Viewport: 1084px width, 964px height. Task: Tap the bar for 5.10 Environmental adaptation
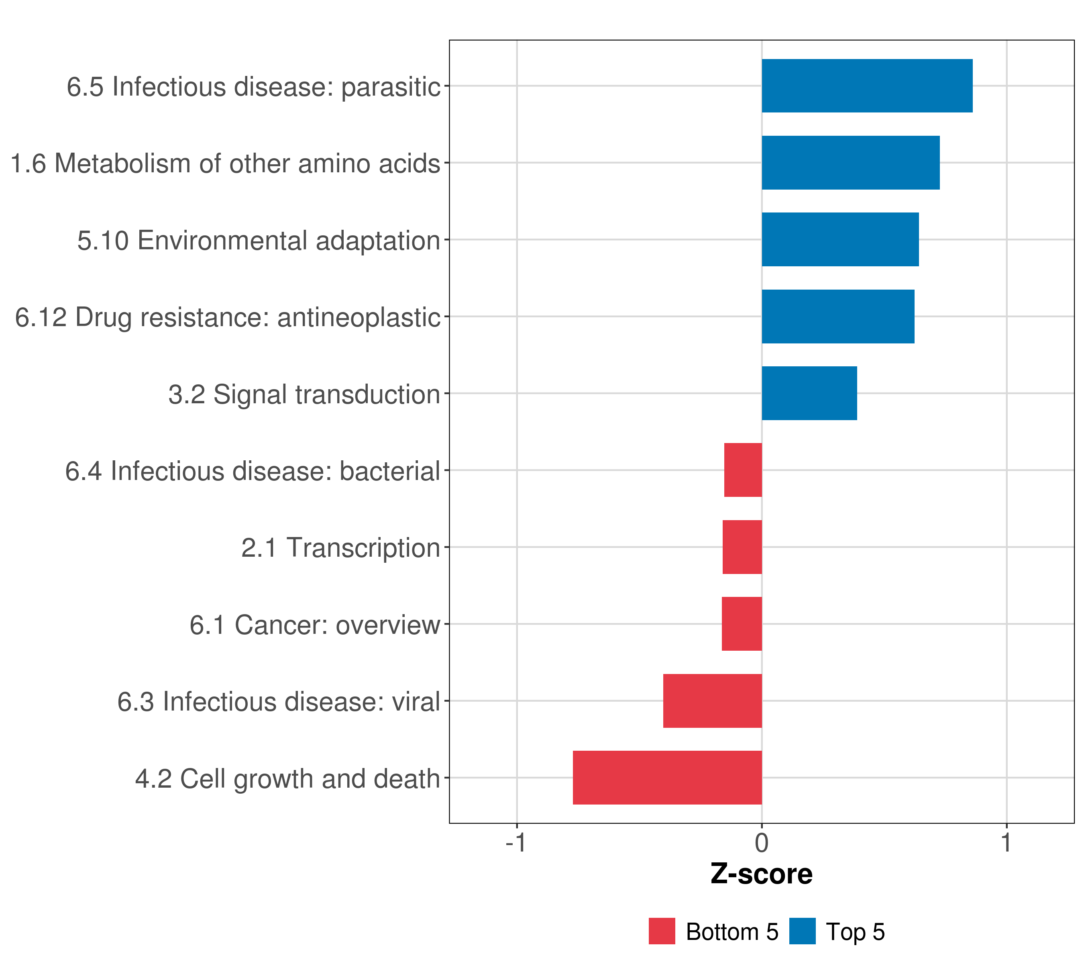pyautogui.click(x=840, y=240)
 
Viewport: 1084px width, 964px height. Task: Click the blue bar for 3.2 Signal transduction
pyautogui.click(x=809, y=393)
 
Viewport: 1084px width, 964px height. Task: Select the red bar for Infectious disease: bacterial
pyautogui.click(x=743, y=470)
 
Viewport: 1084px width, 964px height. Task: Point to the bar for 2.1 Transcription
pyautogui.click(x=742, y=547)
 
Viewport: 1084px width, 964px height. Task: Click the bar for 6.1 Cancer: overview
pyautogui.click(x=742, y=624)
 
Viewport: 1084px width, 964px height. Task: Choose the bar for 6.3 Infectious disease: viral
pyautogui.click(x=712, y=701)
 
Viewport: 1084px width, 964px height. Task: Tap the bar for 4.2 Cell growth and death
pyautogui.click(x=667, y=778)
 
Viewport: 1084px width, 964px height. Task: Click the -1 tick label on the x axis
pyautogui.click(x=516, y=843)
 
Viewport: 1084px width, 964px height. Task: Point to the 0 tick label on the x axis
pyautogui.click(x=762, y=843)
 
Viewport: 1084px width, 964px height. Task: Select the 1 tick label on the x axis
pyautogui.click(x=1006, y=843)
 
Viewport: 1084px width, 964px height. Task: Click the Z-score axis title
pyautogui.click(x=761, y=874)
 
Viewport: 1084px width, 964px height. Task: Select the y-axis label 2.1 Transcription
pyautogui.click(x=340, y=547)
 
